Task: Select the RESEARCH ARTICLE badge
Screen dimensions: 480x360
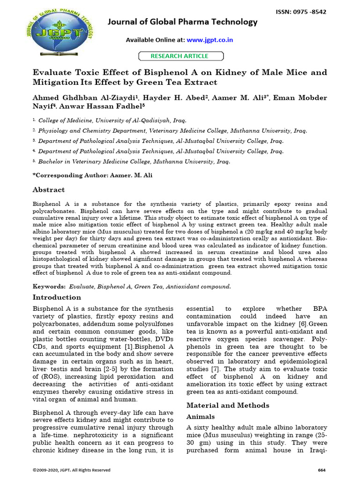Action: (x=180, y=56)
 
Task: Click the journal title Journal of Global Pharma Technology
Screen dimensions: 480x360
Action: (x=183, y=22)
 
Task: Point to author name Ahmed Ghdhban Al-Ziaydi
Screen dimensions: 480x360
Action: (x=84, y=98)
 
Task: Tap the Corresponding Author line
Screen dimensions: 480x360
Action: (x=92, y=175)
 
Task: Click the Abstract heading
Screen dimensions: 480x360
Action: (x=48, y=190)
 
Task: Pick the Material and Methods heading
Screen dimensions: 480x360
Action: (x=228, y=405)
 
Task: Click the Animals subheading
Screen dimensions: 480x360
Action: (x=201, y=416)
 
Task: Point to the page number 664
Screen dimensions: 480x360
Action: (x=322, y=470)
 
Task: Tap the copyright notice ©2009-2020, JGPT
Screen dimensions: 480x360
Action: (x=71, y=470)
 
